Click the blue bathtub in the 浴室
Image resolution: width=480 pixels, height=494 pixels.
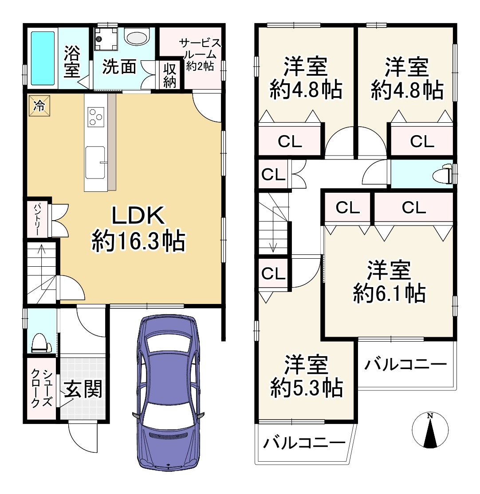pyautogui.click(x=43, y=58)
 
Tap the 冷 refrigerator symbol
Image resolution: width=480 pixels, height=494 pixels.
pyautogui.click(x=39, y=105)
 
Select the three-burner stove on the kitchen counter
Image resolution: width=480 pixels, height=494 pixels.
pyautogui.click(x=96, y=117)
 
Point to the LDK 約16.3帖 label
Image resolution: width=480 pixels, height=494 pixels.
pyautogui.click(x=138, y=229)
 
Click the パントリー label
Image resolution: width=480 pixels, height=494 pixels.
pyautogui.click(x=36, y=220)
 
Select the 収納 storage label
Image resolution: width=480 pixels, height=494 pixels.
pyautogui.click(x=169, y=75)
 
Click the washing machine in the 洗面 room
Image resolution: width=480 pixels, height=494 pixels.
pyautogui.click(x=106, y=39)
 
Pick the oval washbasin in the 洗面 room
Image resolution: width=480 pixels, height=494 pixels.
pyautogui.click(x=137, y=37)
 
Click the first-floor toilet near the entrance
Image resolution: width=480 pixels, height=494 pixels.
pyautogui.click(x=41, y=343)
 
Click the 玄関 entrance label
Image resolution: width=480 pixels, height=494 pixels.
pyautogui.click(x=83, y=389)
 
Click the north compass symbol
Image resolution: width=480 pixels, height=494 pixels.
pyautogui.click(x=430, y=430)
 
